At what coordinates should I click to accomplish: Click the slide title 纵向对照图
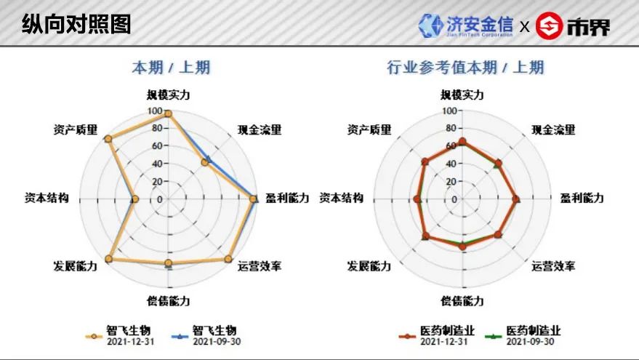pyautogui.click(x=76, y=24)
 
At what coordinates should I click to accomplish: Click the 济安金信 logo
pyautogui.click(x=466, y=25)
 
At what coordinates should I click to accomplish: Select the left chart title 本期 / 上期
pyautogui.click(x=171, y=68)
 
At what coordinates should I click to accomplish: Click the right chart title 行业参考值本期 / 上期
pyautogui.click(x=465, y=68)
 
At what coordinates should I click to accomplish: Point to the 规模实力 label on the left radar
pyautogui.click(x=169, y=95)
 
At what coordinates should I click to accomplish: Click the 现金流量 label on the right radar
pyautogui.click(x=553, y=130)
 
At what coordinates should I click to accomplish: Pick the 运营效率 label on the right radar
pyautogui.click(x=553, y=266)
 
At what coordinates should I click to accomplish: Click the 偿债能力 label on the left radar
pyautogui.click(x=169, y=300)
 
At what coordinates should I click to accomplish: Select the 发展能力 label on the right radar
pyautogui.click(x=369, y=266)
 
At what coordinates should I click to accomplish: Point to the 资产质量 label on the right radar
pyautogui.click(x=369, y=130)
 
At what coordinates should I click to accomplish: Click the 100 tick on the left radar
pyautogui.click(x=155, y=111)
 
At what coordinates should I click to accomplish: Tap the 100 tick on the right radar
pyautogui.click(x=449, y=111)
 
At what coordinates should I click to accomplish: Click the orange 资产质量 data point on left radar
pyautogui.click(x=108, y=139)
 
